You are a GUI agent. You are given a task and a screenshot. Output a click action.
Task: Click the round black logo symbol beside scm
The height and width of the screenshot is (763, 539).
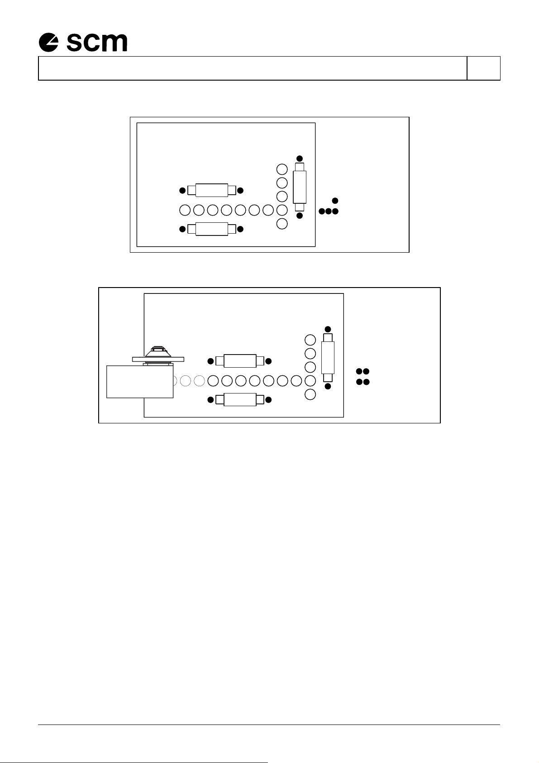coord(48,42)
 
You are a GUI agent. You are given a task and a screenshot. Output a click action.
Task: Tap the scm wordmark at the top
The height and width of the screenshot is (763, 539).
coord(97,43)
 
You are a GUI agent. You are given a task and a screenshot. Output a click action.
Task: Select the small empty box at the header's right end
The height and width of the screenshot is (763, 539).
coord(483,68)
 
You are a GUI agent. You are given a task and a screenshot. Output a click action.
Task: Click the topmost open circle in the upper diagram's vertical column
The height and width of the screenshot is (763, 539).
coord(282,169)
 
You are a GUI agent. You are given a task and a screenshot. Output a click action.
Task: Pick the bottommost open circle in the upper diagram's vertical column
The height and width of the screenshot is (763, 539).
coord(282,223)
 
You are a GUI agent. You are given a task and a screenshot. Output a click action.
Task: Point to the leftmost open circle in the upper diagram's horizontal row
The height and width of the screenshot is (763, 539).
coord(185,210)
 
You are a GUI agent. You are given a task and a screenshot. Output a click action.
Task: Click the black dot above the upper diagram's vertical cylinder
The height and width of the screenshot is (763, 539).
coord(300,158)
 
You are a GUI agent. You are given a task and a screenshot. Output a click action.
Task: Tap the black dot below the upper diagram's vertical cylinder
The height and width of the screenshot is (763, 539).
coord(300,216)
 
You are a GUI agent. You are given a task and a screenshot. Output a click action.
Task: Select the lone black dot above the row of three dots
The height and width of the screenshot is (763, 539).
coord(335,201)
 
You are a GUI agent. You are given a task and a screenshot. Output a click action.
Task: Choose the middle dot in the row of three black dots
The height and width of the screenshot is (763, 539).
coord(328,211)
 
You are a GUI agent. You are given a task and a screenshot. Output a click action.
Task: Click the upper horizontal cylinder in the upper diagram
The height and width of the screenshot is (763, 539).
coord(212,190)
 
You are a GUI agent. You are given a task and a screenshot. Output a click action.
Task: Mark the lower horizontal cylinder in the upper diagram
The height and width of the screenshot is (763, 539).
coord(212,229)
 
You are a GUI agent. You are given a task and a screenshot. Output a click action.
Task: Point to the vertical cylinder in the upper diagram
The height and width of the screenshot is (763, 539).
coord(300,187)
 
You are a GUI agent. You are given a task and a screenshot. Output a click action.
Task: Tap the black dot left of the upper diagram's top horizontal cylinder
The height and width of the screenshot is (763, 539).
coord(182,190)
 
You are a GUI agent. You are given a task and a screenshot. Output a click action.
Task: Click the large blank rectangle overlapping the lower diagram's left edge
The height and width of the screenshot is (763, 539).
coord(140,381)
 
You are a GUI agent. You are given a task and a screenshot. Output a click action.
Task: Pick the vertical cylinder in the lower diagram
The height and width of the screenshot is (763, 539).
coord(328,358)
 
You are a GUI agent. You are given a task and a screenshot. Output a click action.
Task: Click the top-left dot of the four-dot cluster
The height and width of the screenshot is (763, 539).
coord(359,371)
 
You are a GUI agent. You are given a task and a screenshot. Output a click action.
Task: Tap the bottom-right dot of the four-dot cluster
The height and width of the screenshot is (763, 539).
coord(367,382)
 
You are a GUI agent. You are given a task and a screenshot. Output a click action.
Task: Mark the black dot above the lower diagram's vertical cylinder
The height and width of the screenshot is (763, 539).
coord(328,329)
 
